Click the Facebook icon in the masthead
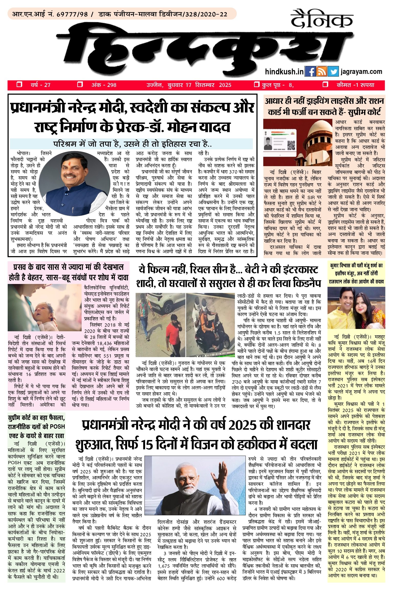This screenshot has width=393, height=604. pyautogui.click(x=310, y=72)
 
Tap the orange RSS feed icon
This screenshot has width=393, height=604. pyautogui.click(x=322, y=72)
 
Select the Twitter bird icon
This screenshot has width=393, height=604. pyautogui.click(x=333, y=72)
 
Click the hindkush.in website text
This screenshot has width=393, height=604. pyautogui.click(x=284, y=72)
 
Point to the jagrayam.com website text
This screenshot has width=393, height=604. pyautogui.click(x=361, y=72)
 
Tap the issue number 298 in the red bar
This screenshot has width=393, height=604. pyautogui.click(x=111, y=85)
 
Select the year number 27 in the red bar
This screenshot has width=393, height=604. pyautogui.click(x=47, y=85)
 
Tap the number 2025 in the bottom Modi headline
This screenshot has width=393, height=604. pyautogui.click(x=241, y=425)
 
